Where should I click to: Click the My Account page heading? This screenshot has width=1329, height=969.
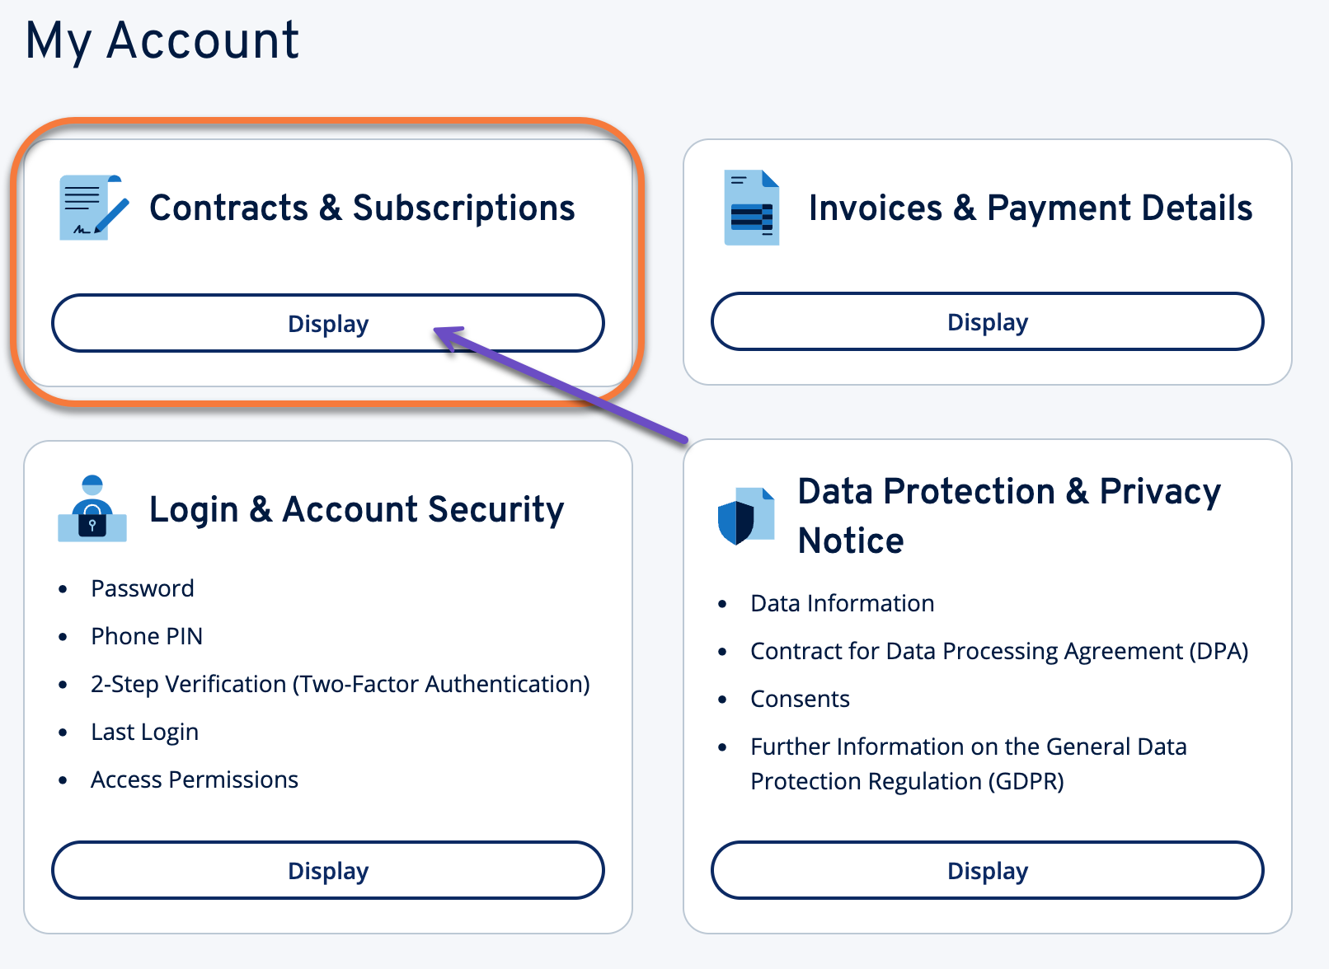coord(162,40)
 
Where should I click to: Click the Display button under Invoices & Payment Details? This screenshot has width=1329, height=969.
coord(987,321)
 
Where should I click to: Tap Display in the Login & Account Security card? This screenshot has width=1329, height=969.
coord(327,870)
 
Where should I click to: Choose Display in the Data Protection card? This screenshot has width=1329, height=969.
coord(987,870)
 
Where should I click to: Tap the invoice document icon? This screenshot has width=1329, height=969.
coord(751,208)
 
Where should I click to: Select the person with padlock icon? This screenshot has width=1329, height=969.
coord(92,509)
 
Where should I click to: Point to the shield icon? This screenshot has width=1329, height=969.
coord(745,517)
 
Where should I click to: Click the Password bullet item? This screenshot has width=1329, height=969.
coord(143,588)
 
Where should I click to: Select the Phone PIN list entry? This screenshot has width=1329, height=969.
coord(147,636)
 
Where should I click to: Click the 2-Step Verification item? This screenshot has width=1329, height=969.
coord(340,684)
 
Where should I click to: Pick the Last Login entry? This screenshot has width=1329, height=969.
coord(144,732)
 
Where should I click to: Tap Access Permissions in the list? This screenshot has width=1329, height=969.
coord(195,779)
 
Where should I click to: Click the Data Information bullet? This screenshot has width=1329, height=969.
coord(842,603)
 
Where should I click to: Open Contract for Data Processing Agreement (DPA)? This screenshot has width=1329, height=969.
coord(999,651)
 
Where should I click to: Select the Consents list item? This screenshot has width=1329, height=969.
coord(800,699)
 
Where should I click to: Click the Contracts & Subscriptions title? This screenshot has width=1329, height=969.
coord(362,208)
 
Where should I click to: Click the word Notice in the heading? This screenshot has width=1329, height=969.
coord(851,541)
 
